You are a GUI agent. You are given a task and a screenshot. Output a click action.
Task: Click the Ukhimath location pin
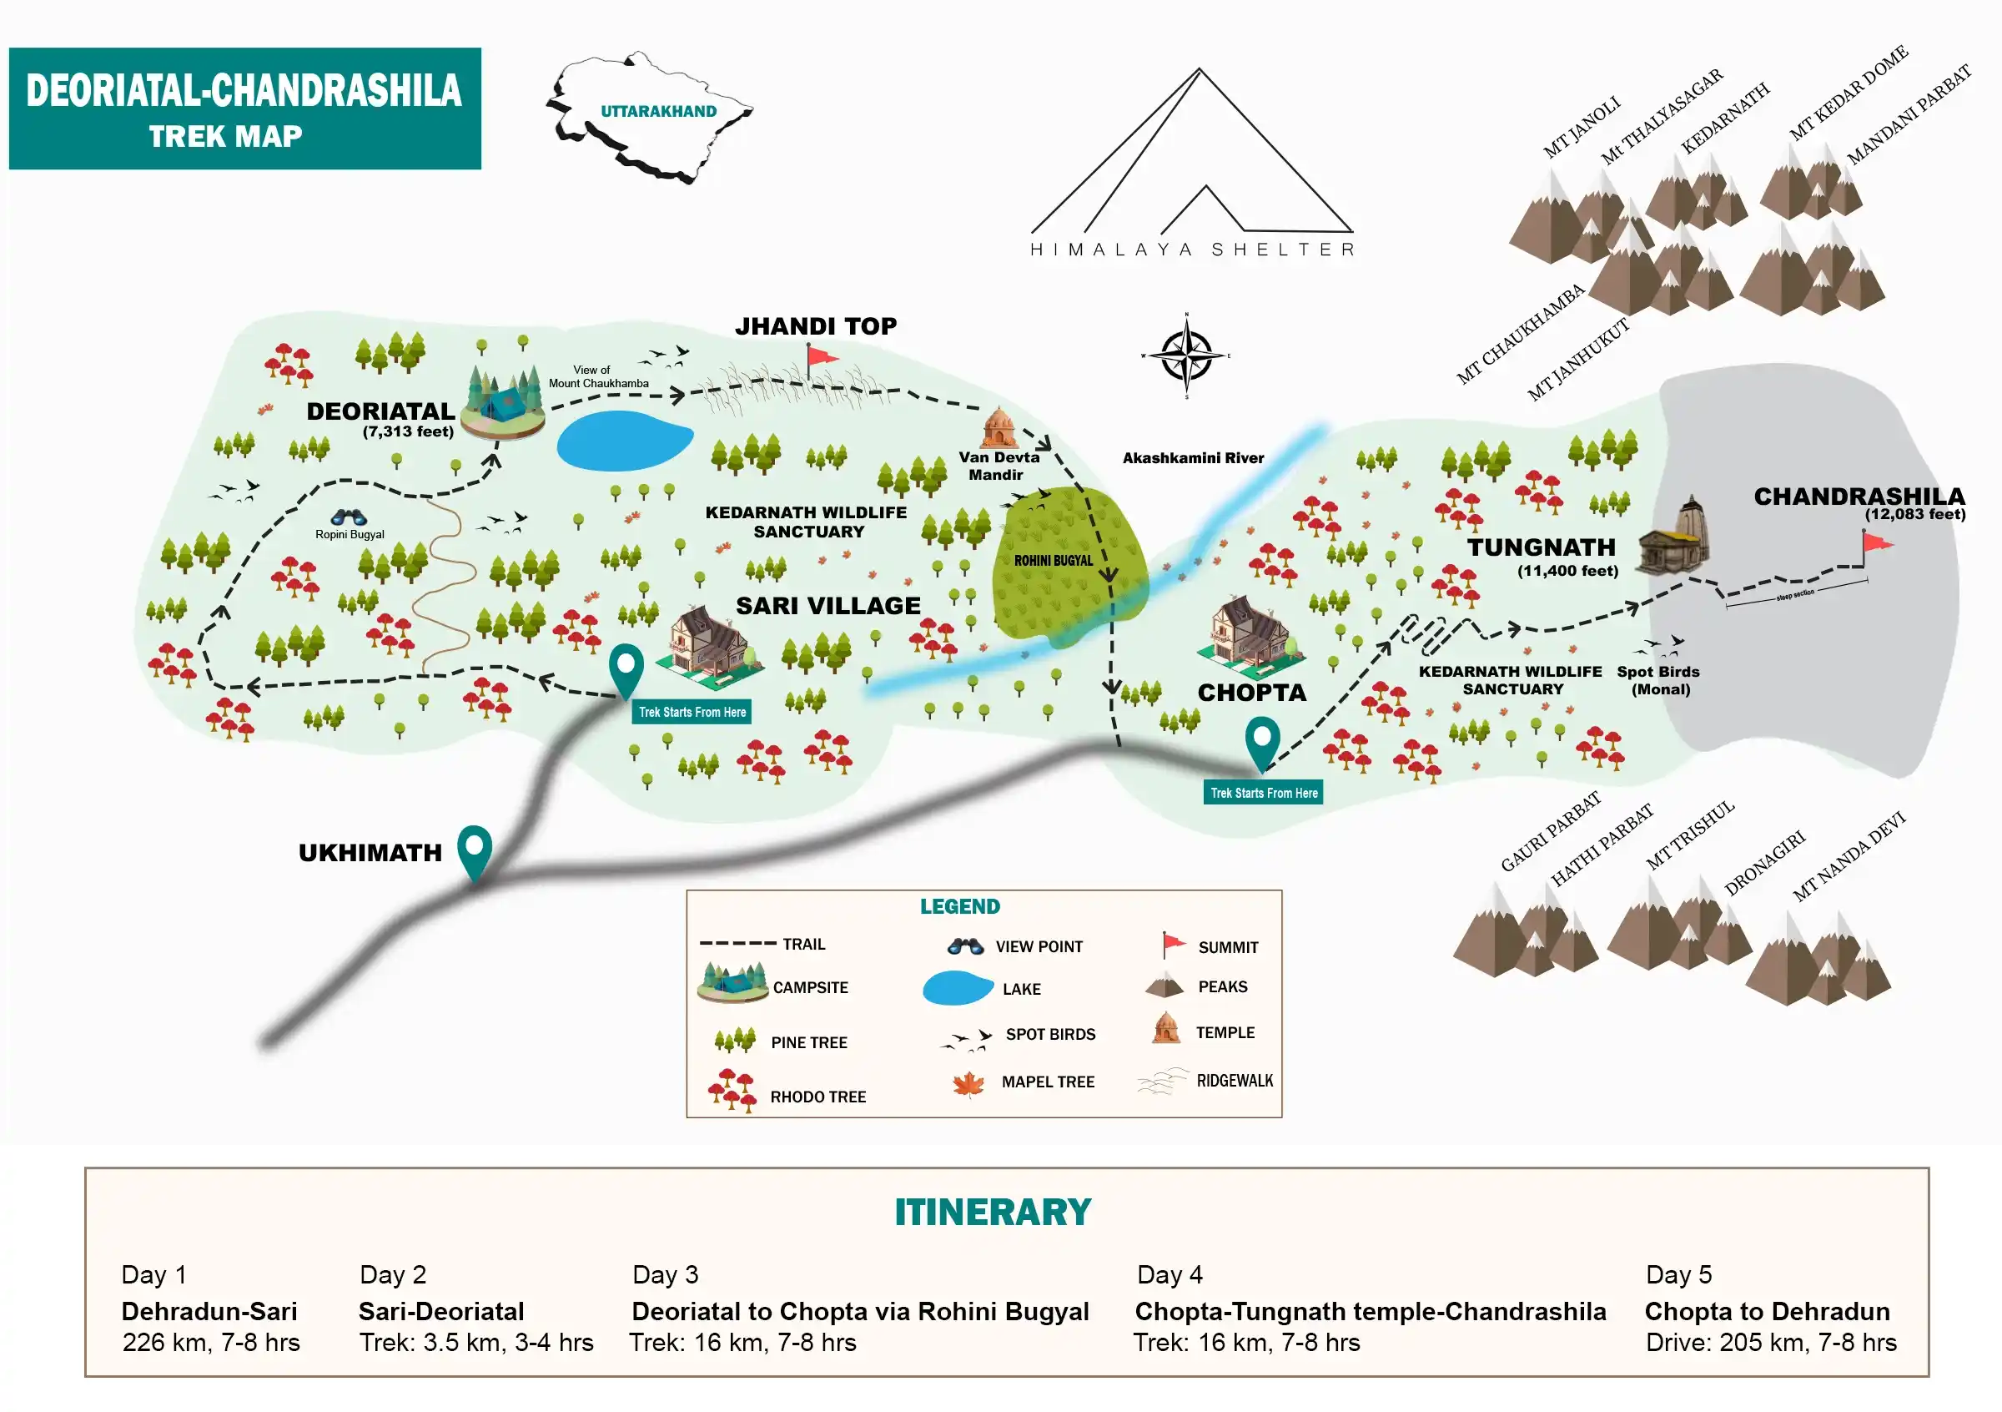point(475,849)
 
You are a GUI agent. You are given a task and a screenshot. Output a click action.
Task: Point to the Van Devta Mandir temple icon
point(999,427)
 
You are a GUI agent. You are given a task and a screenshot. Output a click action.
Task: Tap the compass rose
point(1186,356)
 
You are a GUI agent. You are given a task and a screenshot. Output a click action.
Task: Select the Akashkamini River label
point(1193,458)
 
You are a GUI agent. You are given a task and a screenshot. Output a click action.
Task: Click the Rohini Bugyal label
point(1053,561)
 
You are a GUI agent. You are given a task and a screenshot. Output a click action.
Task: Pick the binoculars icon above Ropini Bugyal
point(349,517)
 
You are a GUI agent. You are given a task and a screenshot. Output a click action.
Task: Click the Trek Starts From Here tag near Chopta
point(1264,793)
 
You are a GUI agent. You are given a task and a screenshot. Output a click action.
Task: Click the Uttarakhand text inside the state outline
point(658,112)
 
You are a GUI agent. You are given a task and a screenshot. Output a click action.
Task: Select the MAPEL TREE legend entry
point(1046,1082)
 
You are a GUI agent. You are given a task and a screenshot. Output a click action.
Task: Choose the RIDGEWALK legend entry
point(1233,1082)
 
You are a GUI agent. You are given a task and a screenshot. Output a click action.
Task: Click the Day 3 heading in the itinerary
point(666,1275)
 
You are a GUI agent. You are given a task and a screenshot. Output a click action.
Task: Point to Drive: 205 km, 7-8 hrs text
point(1770,1343)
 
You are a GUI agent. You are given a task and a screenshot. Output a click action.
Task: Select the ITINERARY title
point(993,1213)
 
